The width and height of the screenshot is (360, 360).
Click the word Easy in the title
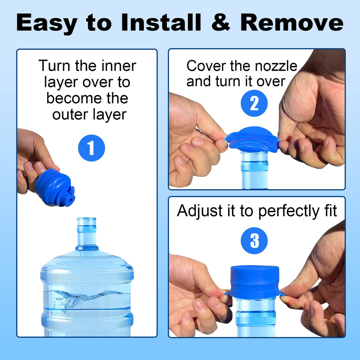point(47,23)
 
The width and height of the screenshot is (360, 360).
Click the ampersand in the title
point(221,23)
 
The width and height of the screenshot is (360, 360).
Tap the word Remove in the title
point(292,23)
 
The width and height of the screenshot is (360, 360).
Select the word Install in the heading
point(161,23)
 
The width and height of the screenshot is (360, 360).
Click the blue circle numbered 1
point(91,148)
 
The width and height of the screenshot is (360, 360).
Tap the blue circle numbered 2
point(254,103)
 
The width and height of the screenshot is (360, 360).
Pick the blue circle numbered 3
point(254,240)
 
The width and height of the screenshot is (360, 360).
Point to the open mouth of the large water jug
point(86,219)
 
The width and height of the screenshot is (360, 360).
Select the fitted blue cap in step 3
point(254,282)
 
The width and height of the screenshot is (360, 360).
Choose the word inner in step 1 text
point(119,66)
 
